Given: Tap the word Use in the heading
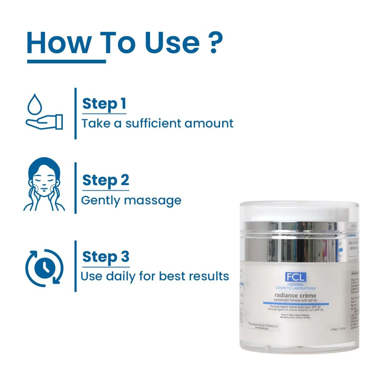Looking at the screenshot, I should point(172,43).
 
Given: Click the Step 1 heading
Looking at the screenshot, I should point(104,104).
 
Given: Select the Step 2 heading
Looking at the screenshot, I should point(106,181).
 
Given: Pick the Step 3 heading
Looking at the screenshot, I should point(106,257).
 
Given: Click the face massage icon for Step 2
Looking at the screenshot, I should point(44,184).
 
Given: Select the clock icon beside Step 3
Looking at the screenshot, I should point(44,267).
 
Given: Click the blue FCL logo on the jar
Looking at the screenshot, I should point(295,277).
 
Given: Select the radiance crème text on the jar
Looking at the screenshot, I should point(295,296).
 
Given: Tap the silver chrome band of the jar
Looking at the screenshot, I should point(294,242).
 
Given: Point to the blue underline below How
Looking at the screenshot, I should point(66,61).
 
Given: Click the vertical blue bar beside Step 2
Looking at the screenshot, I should point(76,188).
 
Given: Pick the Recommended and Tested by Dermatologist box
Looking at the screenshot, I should point(263,326).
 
